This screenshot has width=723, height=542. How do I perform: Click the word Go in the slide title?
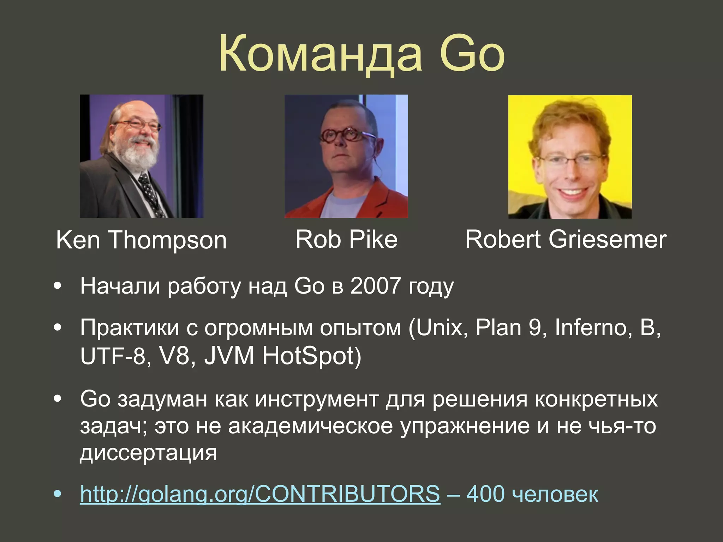[472, 54]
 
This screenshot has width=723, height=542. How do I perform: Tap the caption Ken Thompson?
[141, 240]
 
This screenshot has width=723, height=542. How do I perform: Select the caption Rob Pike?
[346, 239]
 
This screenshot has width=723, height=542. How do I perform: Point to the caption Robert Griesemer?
[566, 239]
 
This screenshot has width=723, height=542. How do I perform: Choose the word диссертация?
[148, 452]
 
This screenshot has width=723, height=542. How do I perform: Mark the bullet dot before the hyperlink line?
[58, 494]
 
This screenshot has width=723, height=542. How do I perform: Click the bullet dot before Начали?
[58, 286]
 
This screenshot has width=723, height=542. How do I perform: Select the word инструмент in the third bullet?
[316, 399]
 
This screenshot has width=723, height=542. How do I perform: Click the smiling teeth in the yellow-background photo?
[572, 193]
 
